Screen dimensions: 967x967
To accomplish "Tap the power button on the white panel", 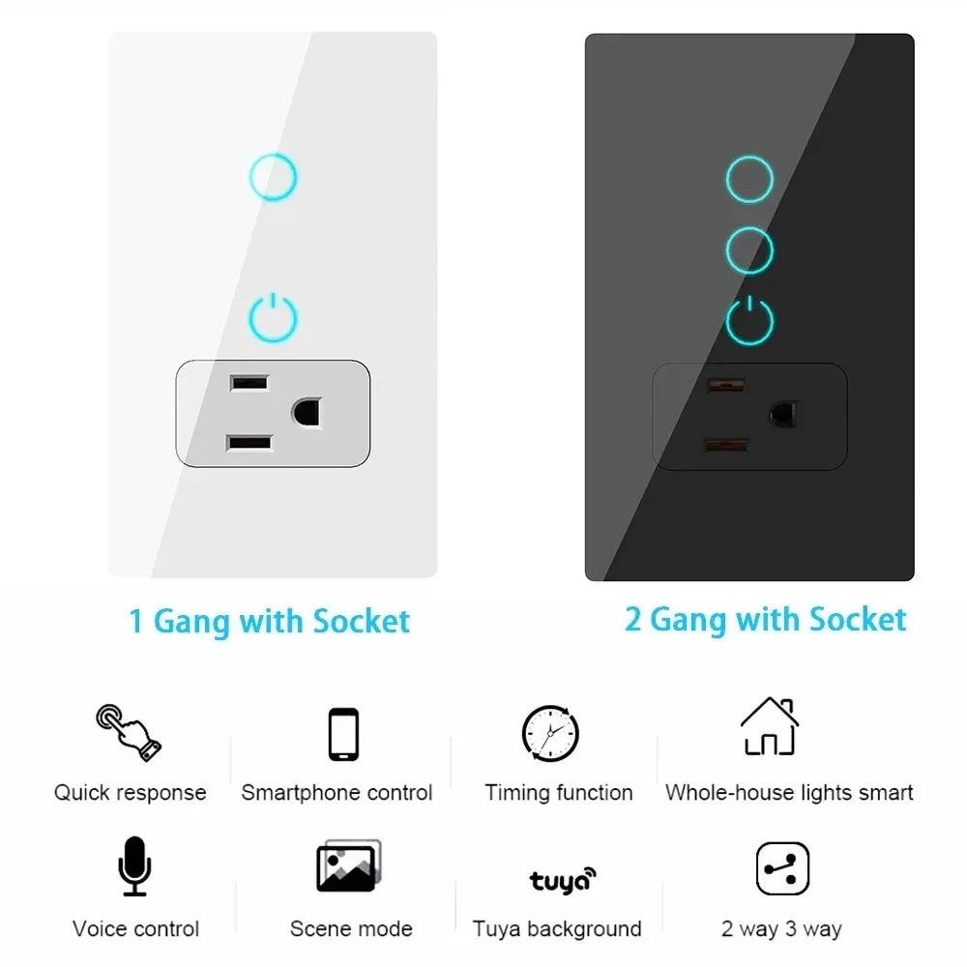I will (273, 318).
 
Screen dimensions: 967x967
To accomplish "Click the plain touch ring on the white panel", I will (273, 177).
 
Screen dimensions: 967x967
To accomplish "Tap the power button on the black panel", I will (749, 321).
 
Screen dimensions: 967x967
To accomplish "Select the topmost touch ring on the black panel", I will (749, 179).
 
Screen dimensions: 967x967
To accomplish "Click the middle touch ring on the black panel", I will (749, 250).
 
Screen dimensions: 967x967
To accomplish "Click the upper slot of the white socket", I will (249, 383).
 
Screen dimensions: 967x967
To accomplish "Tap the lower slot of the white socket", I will (249, 444).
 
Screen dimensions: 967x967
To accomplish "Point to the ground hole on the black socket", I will (782, 414).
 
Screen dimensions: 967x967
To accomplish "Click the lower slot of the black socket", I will (726, 445).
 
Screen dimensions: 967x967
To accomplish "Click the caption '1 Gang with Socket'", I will (270, 621).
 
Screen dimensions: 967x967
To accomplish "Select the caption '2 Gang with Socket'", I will (765, 619).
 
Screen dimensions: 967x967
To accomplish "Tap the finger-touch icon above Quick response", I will (128, 732).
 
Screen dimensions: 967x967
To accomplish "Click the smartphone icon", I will (343, 735).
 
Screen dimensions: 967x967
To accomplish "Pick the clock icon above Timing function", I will (550, 734).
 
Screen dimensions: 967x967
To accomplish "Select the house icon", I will (770, 726).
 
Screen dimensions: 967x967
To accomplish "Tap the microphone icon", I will (134, 866).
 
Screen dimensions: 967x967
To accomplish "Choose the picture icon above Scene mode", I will (348, 865).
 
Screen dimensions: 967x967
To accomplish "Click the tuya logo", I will (562, 880).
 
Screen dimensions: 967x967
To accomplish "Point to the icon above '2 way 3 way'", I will (781, 868).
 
